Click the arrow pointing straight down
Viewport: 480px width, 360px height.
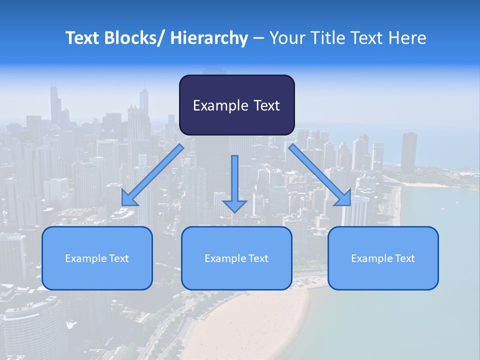click(234, 185)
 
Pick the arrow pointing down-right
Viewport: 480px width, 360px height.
click(320, 175)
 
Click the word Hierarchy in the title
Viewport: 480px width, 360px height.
click(208, 38)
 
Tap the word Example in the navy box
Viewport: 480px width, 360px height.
click(220, 105)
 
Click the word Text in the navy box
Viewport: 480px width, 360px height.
click(265, 105)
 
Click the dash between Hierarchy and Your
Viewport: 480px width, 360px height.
click(258, 38)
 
